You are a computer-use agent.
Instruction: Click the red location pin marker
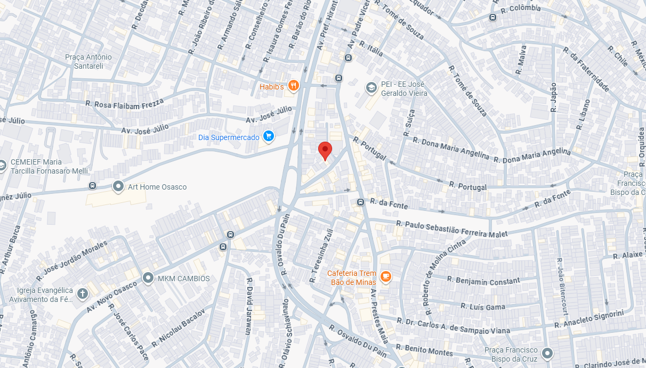[x=325, y=150]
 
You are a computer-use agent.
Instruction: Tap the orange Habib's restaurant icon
[x=293, y=85]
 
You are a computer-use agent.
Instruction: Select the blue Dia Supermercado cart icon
[x=268, y=137]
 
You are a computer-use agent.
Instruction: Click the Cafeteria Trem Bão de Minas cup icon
[x=386, y=276]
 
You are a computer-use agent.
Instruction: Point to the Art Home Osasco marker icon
[x=118, y=186]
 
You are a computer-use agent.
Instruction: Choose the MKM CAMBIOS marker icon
[x=148, y=278]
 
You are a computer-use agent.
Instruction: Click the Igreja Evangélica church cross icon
[x=82, y=293]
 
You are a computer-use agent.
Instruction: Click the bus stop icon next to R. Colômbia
[x=492, y=18]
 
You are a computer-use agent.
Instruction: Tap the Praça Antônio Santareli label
[x=88, y=61]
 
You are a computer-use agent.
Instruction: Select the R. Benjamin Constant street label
[x=483, y=280]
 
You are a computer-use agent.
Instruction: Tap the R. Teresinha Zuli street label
[x=322, y=256]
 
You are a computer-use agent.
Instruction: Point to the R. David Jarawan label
[x=248, y=306]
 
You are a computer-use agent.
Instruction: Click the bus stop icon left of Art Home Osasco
[x=93, y=186]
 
